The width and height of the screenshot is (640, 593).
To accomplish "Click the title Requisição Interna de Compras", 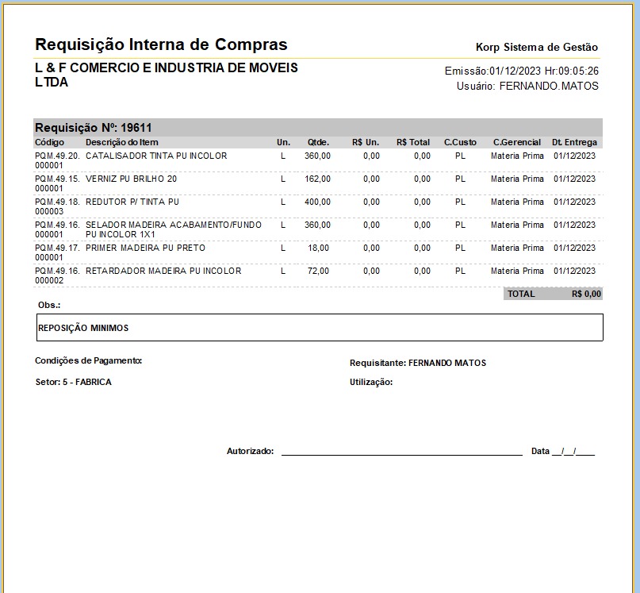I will tap(161, 44).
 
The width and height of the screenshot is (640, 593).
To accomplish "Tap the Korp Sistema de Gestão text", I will tap(537, 48).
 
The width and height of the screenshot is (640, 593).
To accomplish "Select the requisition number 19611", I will tap(136, 127).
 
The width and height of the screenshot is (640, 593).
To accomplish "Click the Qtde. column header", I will tap(318, 142).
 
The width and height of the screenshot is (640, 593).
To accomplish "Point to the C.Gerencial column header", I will tap(516, 142).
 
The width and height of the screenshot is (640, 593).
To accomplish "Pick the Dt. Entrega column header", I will tap(575, 142).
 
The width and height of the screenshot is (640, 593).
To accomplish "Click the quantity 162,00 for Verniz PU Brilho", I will tap(317, 179).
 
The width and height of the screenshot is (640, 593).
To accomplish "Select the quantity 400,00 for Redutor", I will tap(317, 202).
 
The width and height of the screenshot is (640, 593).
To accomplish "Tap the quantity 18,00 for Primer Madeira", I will tap(320, 248).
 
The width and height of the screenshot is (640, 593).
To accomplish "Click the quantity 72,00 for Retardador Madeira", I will tap(320, 271).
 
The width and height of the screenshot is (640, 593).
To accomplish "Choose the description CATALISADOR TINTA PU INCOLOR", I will tap(156, 156).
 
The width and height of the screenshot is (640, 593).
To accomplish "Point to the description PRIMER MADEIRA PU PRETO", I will tap(145, 248).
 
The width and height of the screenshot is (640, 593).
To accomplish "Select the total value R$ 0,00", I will tap(586, 294).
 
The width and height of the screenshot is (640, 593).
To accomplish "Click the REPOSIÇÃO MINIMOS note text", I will tap(83, 328).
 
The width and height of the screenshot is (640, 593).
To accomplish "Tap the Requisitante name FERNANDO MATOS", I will tap(446, 363).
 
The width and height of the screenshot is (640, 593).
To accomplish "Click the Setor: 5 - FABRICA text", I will tap(73, 382).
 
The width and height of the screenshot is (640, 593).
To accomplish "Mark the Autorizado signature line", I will tap(401, 452).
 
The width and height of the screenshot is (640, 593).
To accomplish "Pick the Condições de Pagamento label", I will tap(88, 360).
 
